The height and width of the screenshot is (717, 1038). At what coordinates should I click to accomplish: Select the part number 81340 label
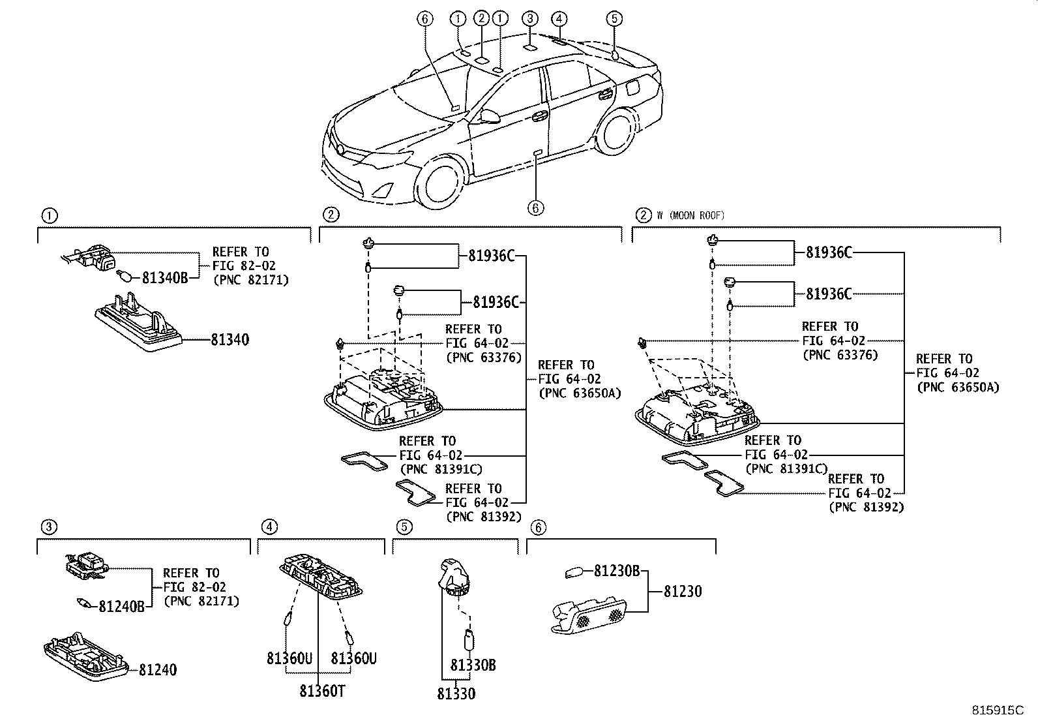[x=230, y=340]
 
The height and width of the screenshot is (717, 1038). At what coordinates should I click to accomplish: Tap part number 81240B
[x=121, y=607]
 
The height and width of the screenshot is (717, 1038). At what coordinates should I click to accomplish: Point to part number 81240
[x=157, y=670]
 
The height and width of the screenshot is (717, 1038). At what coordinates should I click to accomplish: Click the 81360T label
[x=322, y=691]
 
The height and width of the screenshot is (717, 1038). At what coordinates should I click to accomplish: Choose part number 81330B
[x=473, y=665]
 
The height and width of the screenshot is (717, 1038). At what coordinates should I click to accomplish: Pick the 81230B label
[x=617, y=572]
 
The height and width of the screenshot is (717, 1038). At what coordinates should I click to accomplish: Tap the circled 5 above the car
[x=614, y=18]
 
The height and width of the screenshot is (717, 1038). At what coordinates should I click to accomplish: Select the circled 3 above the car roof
[x=530, y=18]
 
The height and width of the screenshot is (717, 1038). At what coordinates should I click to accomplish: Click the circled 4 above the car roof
[x=559, y=18]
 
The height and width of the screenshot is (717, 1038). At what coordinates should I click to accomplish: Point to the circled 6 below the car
[x=535, y=207]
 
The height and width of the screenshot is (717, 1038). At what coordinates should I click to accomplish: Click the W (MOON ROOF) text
[x=690, y=216]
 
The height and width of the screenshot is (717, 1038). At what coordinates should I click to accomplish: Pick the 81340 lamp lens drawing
[x=138, y=324]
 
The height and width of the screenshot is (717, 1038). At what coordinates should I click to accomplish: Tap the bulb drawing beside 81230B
[x=574, y=573]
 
